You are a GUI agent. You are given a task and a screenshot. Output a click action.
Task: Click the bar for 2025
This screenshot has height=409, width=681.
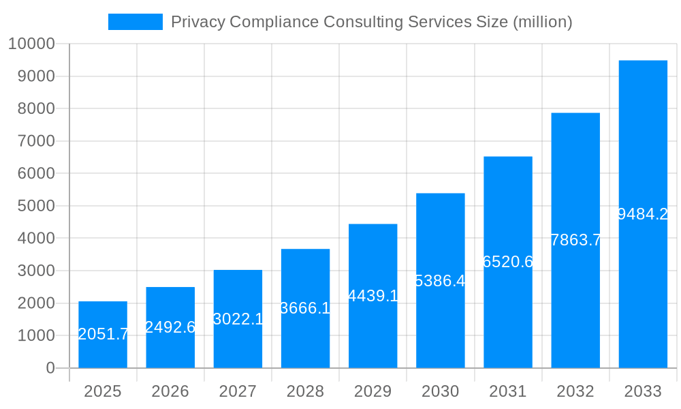103,334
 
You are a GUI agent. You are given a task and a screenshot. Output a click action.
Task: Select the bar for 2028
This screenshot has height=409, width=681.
305,308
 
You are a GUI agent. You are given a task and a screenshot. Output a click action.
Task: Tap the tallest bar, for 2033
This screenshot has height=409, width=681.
643,214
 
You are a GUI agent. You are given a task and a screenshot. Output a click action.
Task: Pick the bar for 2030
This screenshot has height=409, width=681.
441,280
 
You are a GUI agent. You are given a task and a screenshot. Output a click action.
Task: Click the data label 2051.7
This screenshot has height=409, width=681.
103,334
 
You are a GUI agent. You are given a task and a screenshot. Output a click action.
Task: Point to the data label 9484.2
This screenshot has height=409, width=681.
643,214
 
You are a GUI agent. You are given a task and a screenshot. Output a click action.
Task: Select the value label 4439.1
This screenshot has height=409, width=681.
373,296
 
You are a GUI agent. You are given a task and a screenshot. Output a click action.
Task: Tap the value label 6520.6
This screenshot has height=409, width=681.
508,262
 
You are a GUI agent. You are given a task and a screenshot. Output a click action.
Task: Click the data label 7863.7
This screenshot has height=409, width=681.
575,240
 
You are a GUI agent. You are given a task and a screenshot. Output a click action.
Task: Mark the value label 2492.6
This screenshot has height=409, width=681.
170,327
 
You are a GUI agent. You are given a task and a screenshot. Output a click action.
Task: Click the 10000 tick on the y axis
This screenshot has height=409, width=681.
31,44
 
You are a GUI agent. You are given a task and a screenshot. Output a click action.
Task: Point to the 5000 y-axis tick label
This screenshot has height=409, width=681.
35,206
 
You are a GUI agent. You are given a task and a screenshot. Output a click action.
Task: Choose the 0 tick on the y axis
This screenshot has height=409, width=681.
50,368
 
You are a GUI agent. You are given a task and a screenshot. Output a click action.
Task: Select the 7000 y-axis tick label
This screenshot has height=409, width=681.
35,141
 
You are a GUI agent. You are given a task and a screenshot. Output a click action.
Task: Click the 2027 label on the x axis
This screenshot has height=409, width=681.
238,391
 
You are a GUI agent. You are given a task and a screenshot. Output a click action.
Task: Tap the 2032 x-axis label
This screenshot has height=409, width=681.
575,391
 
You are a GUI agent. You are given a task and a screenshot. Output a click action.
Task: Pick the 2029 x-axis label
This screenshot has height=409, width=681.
373,391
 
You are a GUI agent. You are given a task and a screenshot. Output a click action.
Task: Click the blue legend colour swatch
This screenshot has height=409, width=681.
136,22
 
